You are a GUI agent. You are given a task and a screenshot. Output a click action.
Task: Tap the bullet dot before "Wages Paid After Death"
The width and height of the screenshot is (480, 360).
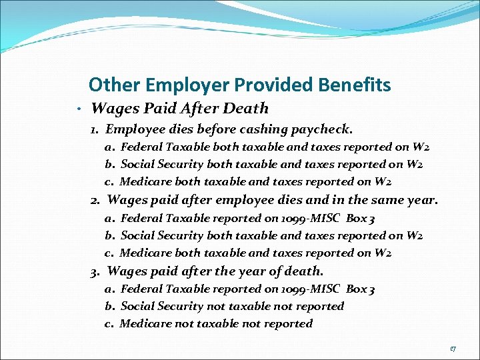point(79,109)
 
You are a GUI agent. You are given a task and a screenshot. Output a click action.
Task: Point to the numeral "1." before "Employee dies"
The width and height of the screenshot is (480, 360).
point(96,129)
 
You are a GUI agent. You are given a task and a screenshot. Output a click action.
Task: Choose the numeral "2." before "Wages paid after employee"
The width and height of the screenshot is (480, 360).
point(96,199)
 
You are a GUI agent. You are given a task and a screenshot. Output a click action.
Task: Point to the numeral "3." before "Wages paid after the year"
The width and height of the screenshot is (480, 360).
point(96,271)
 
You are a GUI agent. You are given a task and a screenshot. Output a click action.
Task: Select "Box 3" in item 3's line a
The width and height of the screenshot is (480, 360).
point(361,289)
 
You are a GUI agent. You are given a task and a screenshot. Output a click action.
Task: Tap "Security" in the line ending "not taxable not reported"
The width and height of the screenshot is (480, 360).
point(181,306)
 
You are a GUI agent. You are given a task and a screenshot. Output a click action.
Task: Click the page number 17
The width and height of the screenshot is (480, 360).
point(453,348)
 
